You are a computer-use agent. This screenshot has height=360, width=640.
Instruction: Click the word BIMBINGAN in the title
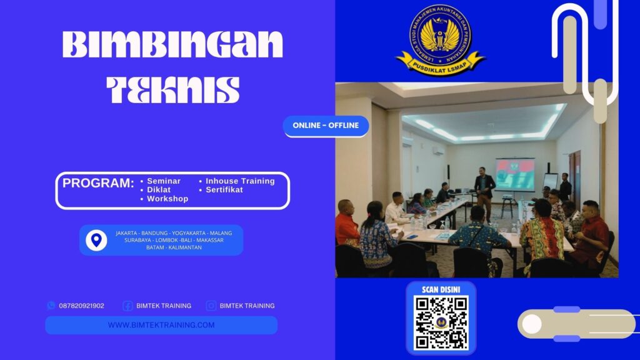click(x=172, y=46)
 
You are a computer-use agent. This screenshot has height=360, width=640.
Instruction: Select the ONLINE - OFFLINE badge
click(x=326, y=126)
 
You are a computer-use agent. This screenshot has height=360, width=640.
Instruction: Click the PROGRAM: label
click(x=98, y=184)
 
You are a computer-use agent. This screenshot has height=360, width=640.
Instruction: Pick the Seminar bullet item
click(x=163, y=181)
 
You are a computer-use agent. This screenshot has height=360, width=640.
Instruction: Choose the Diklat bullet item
click(x=159, y=190)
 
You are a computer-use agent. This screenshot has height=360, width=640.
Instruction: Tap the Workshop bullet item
click(x=167, y=199)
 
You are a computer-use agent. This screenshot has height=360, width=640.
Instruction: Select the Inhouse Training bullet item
click(x=240, y=181)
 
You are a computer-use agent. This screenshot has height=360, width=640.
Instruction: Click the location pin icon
click(x=96, y=240)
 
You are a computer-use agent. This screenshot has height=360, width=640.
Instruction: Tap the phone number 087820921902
click(x=81, y=306)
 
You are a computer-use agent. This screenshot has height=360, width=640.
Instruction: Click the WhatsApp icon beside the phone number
click(x=51, y=306)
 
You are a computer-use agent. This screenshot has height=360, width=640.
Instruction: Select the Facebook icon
click(x=127, y=306)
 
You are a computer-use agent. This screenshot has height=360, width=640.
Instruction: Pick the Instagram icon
click(x=211, y=306)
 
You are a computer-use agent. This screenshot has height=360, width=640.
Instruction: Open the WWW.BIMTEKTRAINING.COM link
click(x=161, y=325)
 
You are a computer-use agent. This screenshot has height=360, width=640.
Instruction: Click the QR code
click(x=441, y=322)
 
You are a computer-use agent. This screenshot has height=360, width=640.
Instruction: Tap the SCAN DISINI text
click(x=441, y=290)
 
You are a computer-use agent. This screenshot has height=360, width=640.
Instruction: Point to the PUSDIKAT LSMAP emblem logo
click(x=441, y=39)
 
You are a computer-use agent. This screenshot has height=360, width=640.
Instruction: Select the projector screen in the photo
click(x=515, y=174)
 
